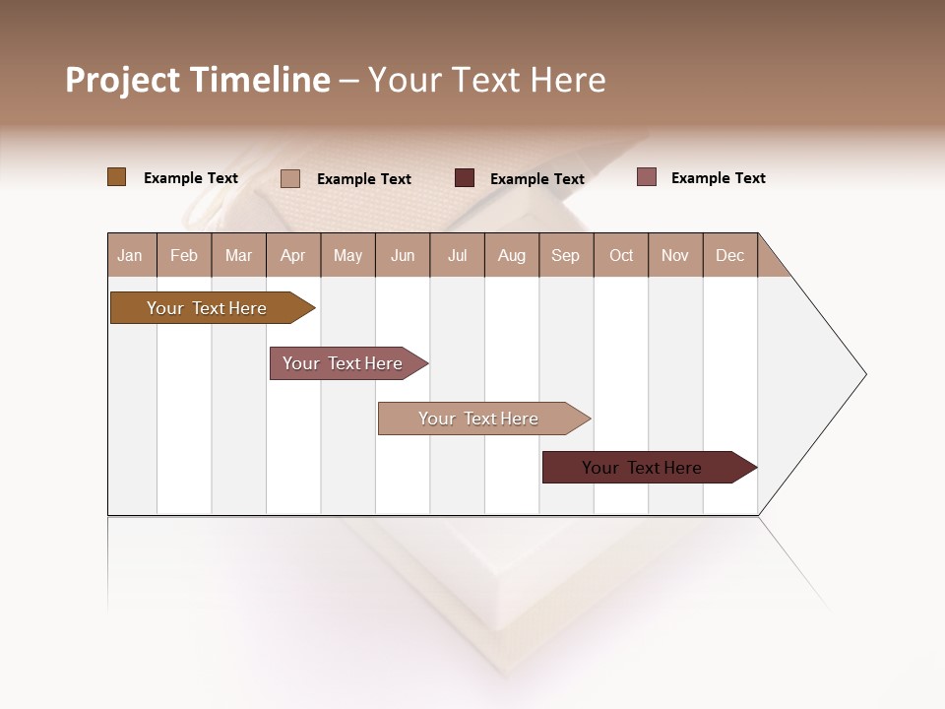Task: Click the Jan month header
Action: pyautogui.click(x=130, y=255)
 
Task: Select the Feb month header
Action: pyautogui.click(x=184, y=255)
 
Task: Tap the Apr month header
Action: pyautogui.click(x=292, y=255)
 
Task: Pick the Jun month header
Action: pyautogui.click(x=403, y=255)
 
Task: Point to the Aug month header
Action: pyautogui.click(x=511, y=255)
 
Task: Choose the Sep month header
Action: pyautogui.click(x=565, y=255)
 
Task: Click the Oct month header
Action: pyautogui.click(x=621, y=255)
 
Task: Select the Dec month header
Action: pyautogui.click(x=729, y=255)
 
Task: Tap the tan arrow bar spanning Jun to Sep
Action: pyautogui.click(x=479, y=419)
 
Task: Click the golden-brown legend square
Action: pyautogui.click(x=116, y=177)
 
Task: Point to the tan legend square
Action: pyautogui.click(x=289, y=178)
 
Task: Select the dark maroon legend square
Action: pyautogui.click(x=464, y=178)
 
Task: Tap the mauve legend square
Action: pyautogui.click(x=646, y=177)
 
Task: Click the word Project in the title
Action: pyautogui.click(x=122, y=80)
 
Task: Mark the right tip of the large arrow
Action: pyautogui.click(x=864, y=374)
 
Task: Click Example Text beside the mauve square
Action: pyautogui.click(x=718, y=178)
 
